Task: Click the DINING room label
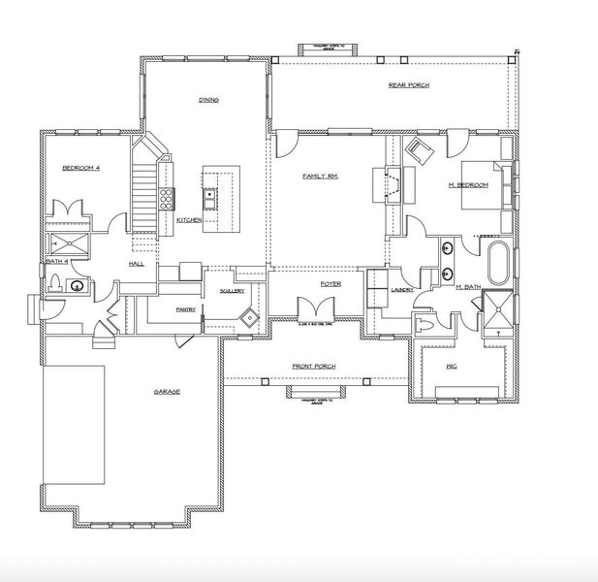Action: point(207,99)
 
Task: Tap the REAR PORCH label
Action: point(409,85)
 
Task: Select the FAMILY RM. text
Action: point(319,176)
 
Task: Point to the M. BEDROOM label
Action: point(468,184)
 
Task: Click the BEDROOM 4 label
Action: point(81,168)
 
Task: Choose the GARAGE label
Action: point(168,391)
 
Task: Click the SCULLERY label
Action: point(231,290)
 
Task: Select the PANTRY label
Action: point(186,309)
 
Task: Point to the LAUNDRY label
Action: point(402,289)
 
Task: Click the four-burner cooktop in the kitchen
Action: point(166,199)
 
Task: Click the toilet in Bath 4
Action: point(57,282)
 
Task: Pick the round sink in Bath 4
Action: point(78,285)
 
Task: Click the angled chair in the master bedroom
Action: point(419,150)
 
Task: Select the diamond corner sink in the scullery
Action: point(251,317)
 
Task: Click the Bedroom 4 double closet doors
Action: point(70,209)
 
